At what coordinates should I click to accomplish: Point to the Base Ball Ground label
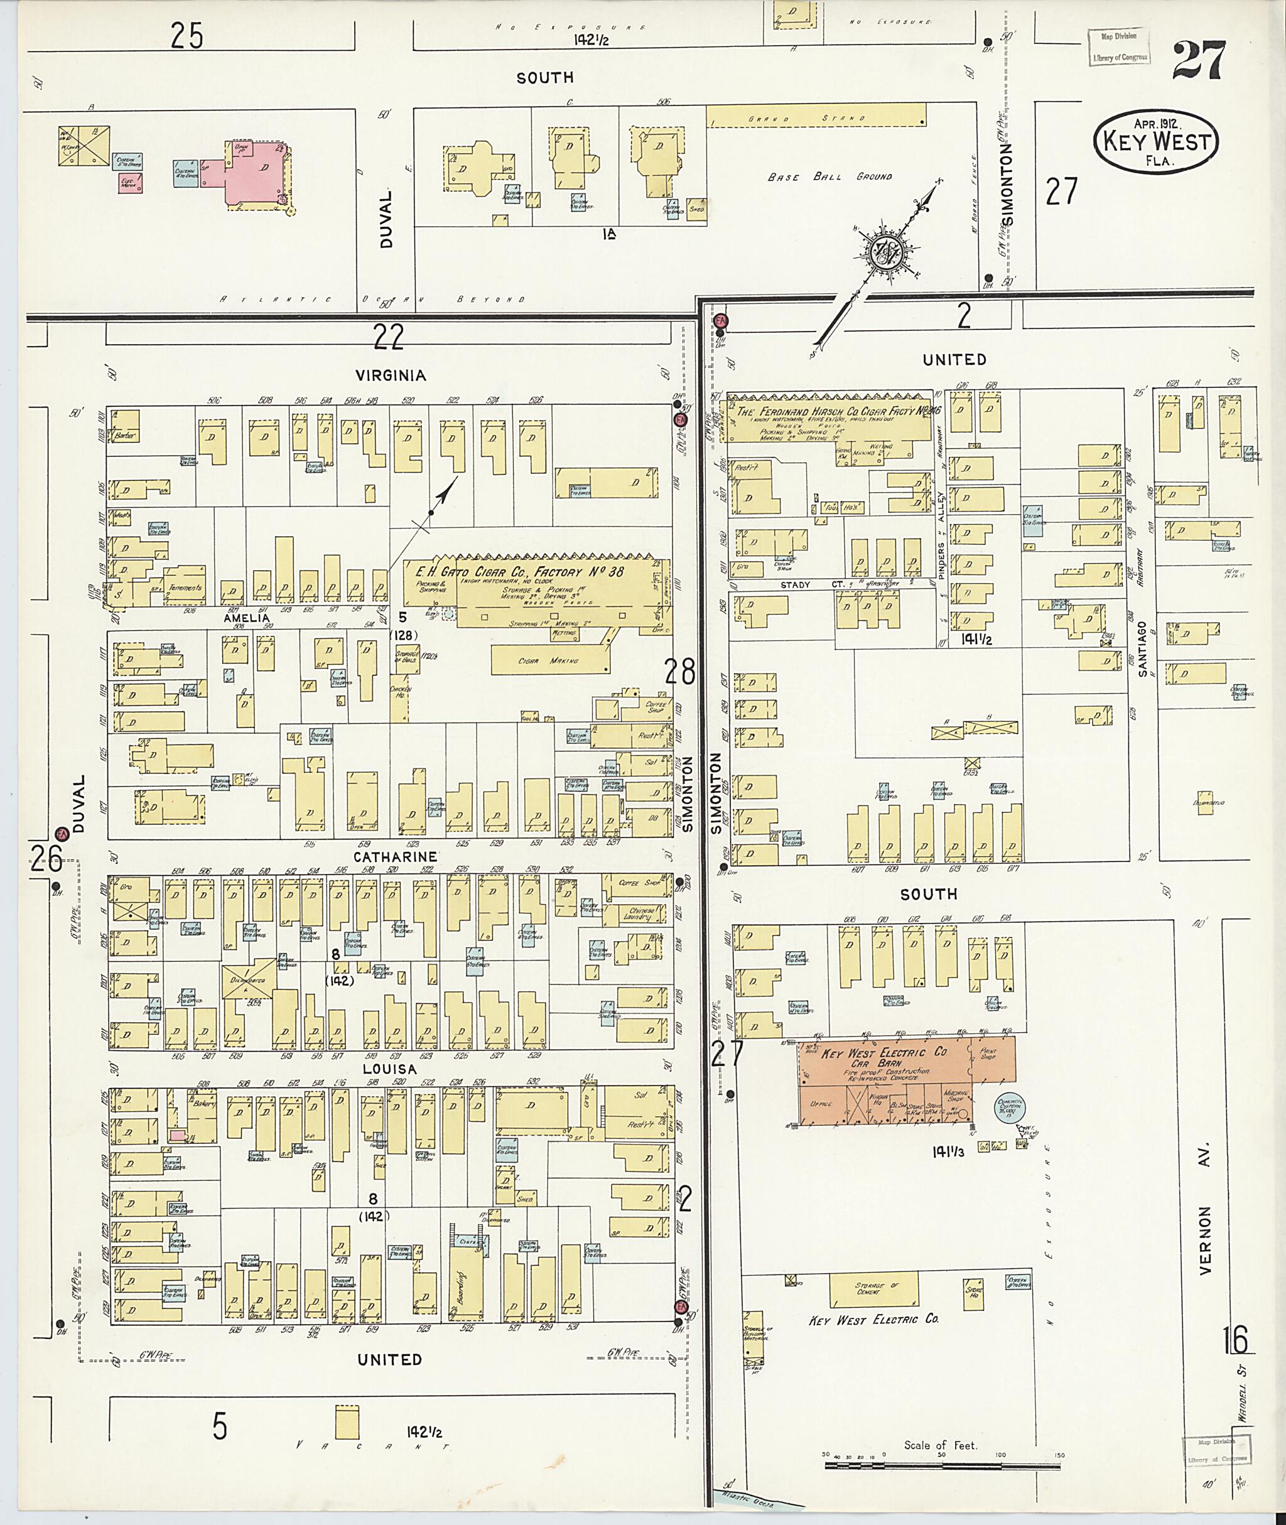830,176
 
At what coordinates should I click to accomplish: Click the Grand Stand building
816,117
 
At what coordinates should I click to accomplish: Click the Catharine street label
396,856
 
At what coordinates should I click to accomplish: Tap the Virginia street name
390,375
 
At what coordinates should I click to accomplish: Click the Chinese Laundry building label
643,914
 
